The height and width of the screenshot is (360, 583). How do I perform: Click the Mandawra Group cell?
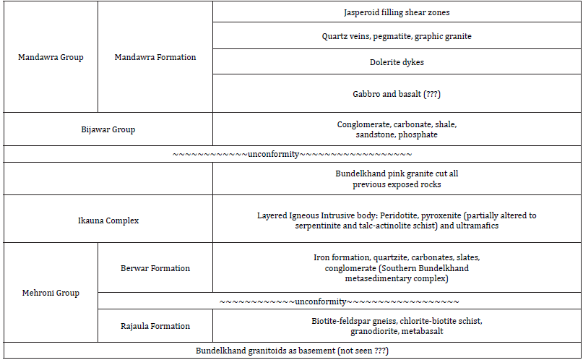[51, 57]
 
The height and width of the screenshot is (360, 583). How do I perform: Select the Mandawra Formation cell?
[155, 57]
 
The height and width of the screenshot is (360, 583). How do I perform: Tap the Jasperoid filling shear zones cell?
[397, 12]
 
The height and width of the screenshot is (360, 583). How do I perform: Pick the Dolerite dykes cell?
[397, 62]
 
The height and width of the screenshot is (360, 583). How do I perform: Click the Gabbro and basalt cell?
[397, 93]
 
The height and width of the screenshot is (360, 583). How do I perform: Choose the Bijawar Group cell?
[108, 129]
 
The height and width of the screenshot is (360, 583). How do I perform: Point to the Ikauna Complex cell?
[108, 220]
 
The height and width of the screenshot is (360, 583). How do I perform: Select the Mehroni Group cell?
[51, 293]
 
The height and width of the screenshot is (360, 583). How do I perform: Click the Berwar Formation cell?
[155, 268]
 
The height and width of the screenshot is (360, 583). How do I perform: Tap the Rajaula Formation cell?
[155, 326]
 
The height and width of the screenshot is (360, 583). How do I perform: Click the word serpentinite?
[319, 226]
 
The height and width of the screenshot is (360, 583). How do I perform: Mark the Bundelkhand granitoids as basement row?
[292, 351]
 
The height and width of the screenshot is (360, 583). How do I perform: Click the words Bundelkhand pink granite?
[379, 174]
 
